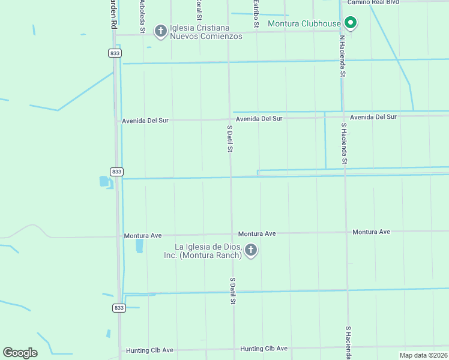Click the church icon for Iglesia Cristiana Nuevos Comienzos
pos(160,29)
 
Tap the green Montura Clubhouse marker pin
pos(351,24)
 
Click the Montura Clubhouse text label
pos(304,24)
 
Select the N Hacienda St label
pos(342,56)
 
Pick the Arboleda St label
pos(142,16)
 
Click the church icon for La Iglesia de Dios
pos(251,250)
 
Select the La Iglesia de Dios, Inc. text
pos(203,251)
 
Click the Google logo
pos(20,353)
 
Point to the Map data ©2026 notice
pos(423,355)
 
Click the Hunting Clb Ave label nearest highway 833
pos(149,350)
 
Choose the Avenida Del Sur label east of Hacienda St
pos(373,117)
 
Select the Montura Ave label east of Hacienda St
pos(371,232)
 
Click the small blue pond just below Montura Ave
pos(139,245)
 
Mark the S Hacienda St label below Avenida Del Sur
pos(344,144)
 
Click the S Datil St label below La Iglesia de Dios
pos(232,290)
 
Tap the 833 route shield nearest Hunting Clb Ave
pos(118,308)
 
